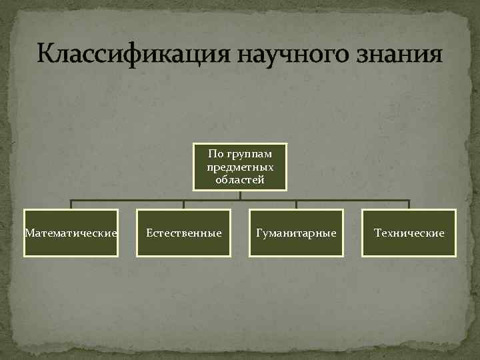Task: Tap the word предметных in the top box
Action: click(240, 167)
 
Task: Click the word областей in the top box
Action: click(240, 179)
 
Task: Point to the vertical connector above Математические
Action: click(71, 205)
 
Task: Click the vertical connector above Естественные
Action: click(184, 205)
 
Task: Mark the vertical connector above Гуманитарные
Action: click(296, 205)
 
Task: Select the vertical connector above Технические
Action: click(409, 205)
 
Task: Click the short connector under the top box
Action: click(240, 195)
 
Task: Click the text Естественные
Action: click(183, 233)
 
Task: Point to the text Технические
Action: click(409, 233)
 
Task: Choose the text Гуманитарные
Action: click(296, 233)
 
